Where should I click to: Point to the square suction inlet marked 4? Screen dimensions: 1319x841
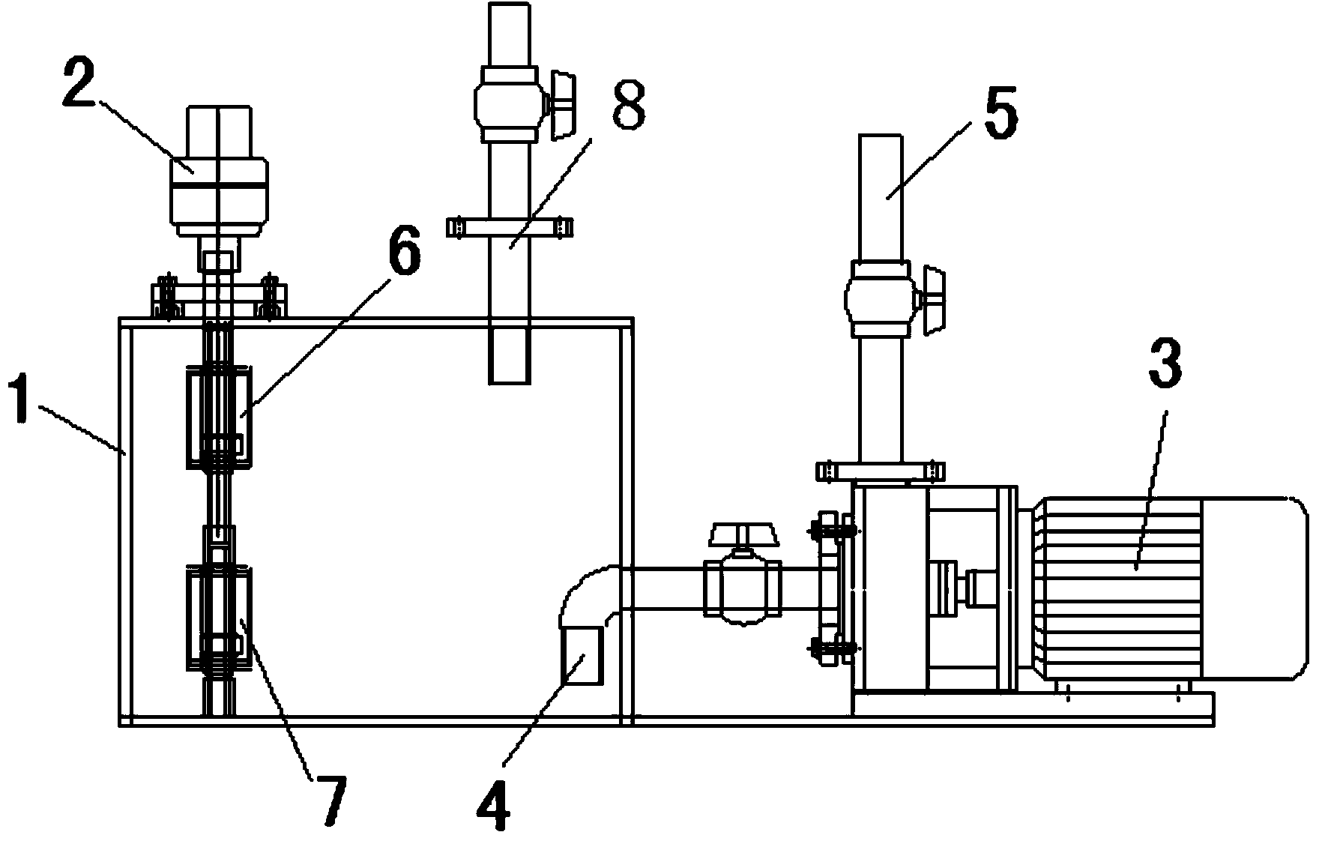[581, 656]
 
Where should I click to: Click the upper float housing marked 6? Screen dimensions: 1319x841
[219, 416]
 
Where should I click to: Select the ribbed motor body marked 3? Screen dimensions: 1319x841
[1117, 588]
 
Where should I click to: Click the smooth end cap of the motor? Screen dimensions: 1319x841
[1255, 588]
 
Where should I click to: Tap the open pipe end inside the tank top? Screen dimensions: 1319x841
[510, 356]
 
